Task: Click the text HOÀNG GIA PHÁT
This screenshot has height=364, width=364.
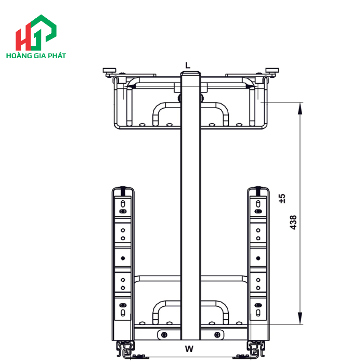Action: [35, 54]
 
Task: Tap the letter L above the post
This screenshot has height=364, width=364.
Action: [188, 65]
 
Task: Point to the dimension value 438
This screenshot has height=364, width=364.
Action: [293, 223]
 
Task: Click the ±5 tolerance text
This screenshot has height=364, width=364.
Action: [282, 198]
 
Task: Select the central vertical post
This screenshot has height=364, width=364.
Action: [190, 208]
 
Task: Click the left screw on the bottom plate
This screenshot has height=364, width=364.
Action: [165, 334]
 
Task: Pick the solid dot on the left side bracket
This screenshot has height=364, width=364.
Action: [123, 258]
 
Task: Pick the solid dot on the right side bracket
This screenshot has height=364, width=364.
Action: [258, 258]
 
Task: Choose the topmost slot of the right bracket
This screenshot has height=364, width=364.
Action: [258, 203]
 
